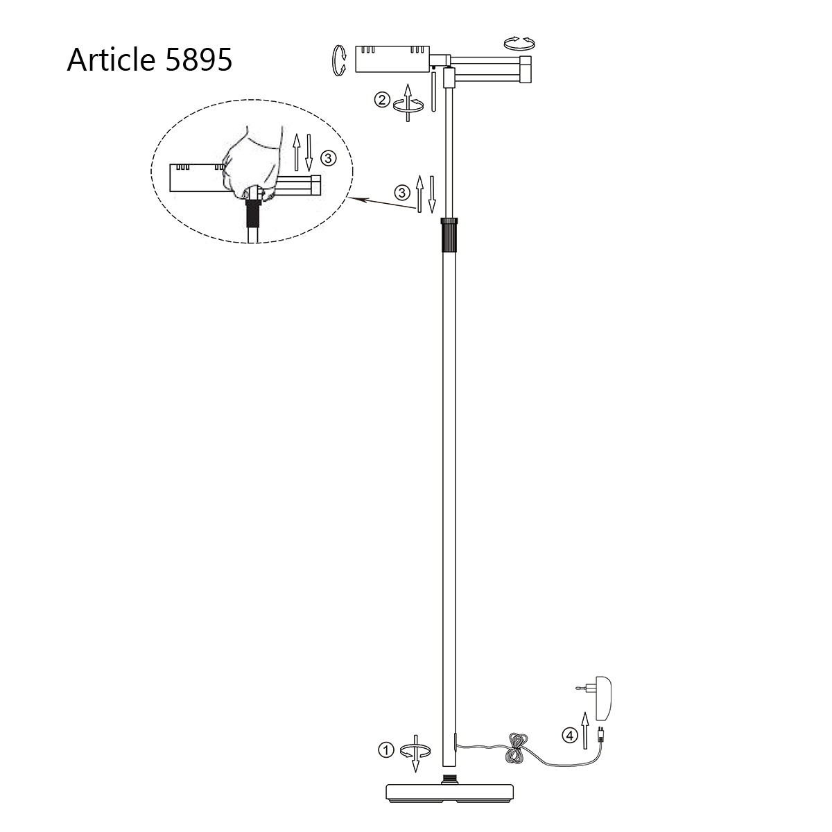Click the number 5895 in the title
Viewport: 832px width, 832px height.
pos(198,60)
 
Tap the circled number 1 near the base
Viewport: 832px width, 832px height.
pos(385,749)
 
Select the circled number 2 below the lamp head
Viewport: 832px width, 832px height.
pos(381,100)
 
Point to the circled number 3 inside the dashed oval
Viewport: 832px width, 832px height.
pos(329,158)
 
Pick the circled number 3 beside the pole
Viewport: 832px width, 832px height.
pos(401,192)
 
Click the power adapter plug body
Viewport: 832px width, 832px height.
pos(600,700)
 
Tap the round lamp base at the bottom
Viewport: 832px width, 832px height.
pos(451,792)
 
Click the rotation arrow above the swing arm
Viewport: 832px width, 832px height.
pos(519,43)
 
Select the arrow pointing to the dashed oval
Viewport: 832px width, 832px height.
pos(381,200)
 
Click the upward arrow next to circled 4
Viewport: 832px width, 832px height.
pos(584,729)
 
